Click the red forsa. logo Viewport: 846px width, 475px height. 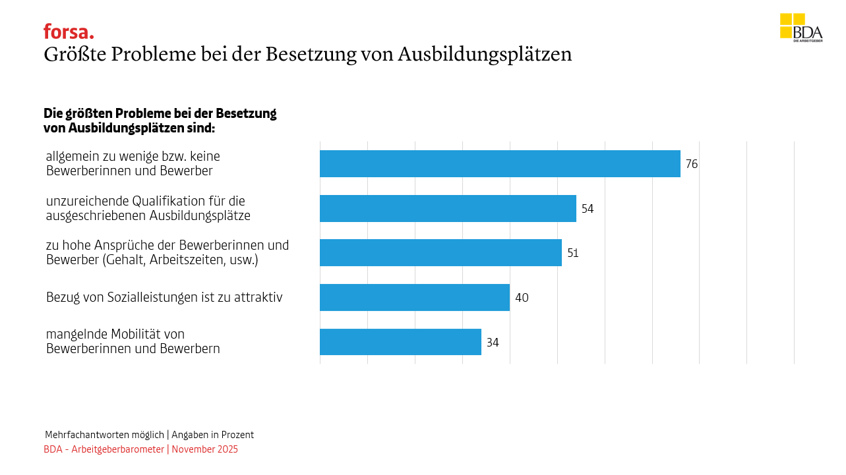(69, 32)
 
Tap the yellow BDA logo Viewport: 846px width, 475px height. (801, 28)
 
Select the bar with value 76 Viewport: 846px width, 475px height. (500, 164)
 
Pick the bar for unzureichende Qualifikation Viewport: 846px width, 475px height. (448, 208)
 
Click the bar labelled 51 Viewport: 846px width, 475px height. (440, 253)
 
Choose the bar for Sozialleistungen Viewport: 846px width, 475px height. (415, 298)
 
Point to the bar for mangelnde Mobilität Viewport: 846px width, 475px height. (400, 342)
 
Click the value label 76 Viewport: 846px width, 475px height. (691, 164)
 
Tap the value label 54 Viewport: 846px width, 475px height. (588, 209)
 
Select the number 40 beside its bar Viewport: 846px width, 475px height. (522, 298)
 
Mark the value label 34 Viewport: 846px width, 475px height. (493, 343)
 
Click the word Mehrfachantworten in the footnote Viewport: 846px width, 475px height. (85, 435)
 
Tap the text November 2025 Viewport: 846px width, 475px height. (205, 449)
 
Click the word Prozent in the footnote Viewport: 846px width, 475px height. (237, 435)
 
